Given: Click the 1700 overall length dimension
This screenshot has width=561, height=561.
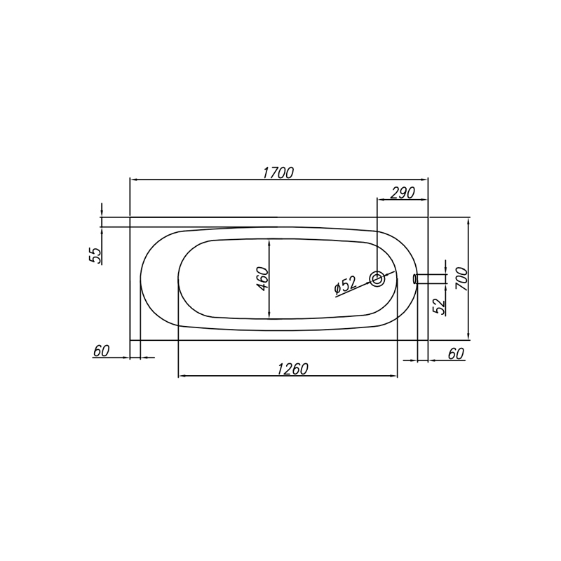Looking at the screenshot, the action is (278, 173).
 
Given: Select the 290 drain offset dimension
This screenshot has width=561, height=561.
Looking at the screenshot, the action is (403, 194).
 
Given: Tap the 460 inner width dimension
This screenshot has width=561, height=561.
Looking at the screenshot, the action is (263, 278).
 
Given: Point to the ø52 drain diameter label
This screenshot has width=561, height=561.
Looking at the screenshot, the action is (345, 286).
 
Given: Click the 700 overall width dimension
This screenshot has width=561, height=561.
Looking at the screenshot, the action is (461, 278).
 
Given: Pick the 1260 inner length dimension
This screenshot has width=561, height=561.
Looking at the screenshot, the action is (292, 369).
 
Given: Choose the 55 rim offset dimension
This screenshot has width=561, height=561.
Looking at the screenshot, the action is (95, 256).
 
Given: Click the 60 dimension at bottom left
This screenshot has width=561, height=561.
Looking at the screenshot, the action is (101, 351).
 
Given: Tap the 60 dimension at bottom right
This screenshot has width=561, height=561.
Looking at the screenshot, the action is (456, 354).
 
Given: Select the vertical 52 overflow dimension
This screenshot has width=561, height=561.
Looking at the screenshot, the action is (440, 306).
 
